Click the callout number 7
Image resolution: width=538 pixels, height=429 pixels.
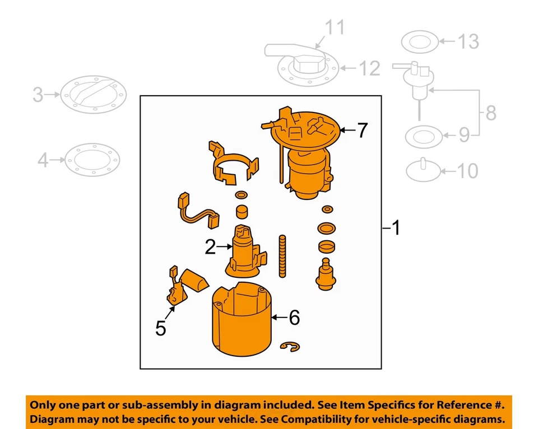point(363,130)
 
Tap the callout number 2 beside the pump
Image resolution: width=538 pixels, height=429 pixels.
point(210,246)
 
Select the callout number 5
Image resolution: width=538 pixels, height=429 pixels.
point(161,328)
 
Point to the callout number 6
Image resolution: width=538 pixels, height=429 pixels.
point(294,318)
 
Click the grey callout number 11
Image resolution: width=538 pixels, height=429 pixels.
point(336,28)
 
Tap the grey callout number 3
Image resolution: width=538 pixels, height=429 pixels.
point(37,95)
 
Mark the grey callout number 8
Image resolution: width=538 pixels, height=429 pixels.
point(491,114)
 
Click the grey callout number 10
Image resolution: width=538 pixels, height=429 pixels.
point(468,171)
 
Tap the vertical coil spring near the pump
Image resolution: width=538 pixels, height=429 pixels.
point(282,256)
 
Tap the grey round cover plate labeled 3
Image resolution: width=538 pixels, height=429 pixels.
point(92,96)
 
